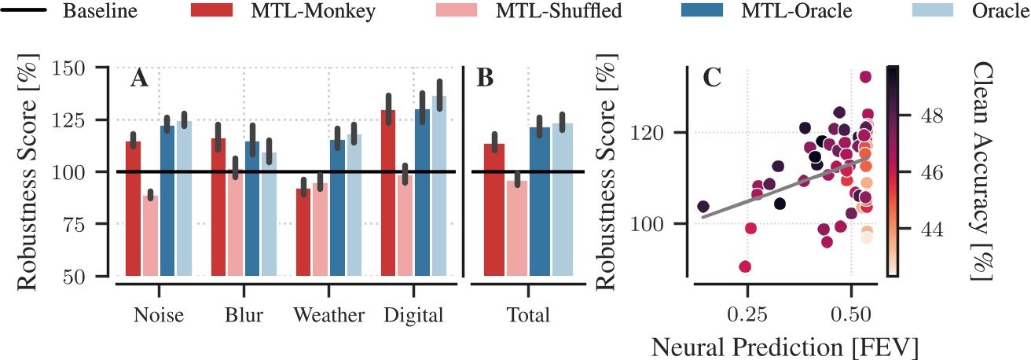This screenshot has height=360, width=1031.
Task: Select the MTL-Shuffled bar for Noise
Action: coord(150,235)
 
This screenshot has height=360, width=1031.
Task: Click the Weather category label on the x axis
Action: coord(329,316)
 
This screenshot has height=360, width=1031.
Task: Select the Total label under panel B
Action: coord(527,316)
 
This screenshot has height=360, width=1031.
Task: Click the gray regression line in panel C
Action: coord(786,188)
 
